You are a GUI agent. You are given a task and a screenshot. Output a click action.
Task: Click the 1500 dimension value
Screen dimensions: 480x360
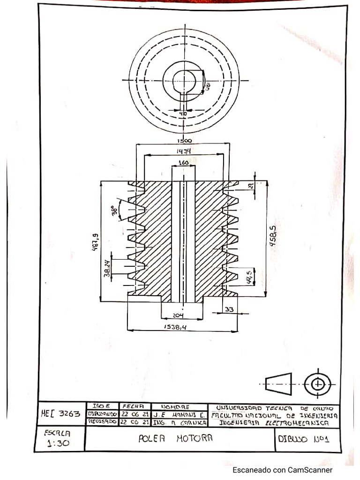click(184, 141)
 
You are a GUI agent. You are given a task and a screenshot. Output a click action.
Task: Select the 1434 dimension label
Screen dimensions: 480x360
click(183, 151)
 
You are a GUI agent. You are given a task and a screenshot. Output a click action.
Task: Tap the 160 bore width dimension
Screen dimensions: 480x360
click(183, 163)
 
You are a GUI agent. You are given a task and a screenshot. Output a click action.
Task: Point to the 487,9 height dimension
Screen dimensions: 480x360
click(95, 242)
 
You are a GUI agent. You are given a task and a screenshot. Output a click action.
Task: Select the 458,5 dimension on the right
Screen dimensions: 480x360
click(273, 238)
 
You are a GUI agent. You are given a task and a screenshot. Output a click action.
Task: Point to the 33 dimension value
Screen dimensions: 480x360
click(229, 309)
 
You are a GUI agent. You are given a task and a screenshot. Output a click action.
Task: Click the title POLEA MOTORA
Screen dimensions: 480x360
click(176, 438)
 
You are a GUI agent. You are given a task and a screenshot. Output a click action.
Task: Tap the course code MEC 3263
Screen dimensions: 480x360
click(60, 414)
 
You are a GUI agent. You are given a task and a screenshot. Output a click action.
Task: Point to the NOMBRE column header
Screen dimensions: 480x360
click(175, 406)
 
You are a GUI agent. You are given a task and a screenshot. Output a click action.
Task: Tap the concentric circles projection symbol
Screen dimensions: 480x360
click(318, 384)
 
